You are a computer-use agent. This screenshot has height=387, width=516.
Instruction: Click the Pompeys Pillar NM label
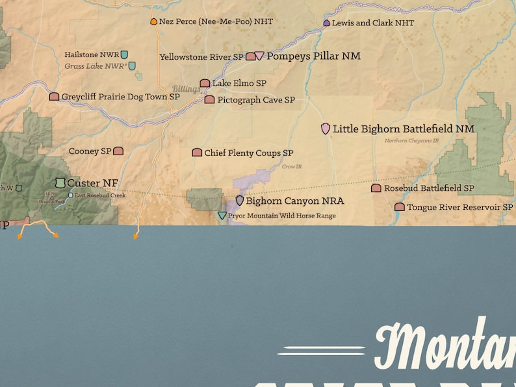pyautogui.click(x=313, y=56)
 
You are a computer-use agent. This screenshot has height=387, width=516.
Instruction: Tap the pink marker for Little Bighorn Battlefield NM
pyautogui.click(x=326, y=129)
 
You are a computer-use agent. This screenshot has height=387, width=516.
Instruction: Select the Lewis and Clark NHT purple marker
pyautogui.click(x=326, y=23)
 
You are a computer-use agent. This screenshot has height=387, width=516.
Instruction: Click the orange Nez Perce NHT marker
pyautogui.click(x=153, y=21)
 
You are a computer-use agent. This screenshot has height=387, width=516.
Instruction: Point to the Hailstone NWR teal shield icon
pyautogui.click(x=124, y=55)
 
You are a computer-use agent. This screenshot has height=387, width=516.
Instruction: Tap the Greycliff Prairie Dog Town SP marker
pyautogui.click(x=54, y=97)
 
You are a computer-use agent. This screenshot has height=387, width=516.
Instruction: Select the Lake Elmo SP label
pyautogui.click(x=239, y=84)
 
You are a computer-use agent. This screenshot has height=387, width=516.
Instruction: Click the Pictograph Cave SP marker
pyautogui.click(x=209, y=100)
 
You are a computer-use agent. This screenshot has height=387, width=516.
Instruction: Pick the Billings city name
pyautogui.click(x=186, y=90)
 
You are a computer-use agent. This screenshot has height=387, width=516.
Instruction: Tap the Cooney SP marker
pyautogui.click(x=118, y=151)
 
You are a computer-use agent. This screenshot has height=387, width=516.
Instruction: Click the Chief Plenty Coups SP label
pyautogui.click(x=249, y=153)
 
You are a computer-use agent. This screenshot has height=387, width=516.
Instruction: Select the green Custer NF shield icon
pyautogui.click(x=60, y=183)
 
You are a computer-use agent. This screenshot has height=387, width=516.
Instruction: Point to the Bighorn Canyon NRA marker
pyautogui.click(x=240, y=201)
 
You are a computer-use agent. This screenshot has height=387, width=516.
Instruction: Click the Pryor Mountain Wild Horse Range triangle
pyautogui.click(x=222, y=216)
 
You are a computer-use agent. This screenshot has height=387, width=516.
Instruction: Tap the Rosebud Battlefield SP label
pyautogui.click(x=429, y=188)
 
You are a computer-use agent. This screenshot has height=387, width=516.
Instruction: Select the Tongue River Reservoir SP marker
pyautogui.click(x=400, y=207)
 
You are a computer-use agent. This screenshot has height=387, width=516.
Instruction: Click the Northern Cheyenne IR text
pyautogui.click(x=411, y=140)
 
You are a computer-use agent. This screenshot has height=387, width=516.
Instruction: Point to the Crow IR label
pyautogui.click(x=292, y=167)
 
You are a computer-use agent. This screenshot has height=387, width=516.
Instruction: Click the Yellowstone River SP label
pyautogui.click(x=201, y=57)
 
